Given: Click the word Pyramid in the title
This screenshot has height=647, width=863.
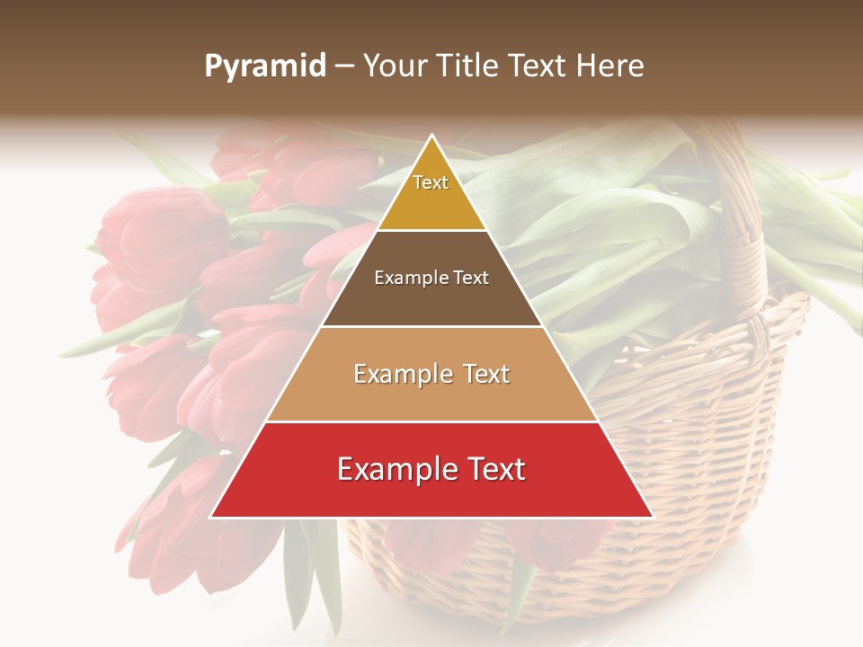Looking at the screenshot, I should [x=264, y=66].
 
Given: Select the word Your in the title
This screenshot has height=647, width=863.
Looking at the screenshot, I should [x=392, y=66].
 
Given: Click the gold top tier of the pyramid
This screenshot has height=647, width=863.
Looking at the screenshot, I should [x=431, y=202].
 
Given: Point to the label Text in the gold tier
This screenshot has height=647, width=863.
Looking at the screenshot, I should [x=431, y=182].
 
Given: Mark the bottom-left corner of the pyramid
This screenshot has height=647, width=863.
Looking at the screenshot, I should [x=211, y=517].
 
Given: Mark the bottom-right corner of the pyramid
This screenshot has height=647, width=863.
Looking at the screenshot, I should [x=652, y=517].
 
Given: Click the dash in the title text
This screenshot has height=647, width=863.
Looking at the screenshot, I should [x=343, y=66].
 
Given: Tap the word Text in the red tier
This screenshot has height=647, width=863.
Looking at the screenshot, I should [x=494, y=469].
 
